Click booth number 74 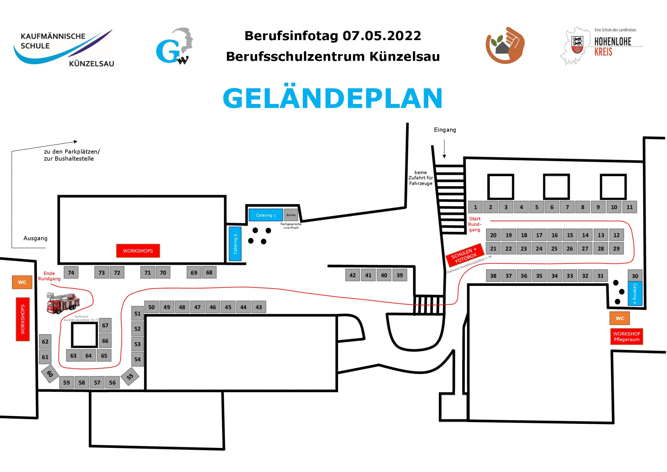click(71, 273)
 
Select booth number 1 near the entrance click(475, 207)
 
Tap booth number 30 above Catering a click(635, 276)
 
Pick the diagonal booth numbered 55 click(130, 376)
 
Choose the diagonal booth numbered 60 click(50, 374)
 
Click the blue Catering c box click(265, 215)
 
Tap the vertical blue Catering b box click(235, 244)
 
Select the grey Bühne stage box click(291, 215)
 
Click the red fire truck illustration click(62, 303)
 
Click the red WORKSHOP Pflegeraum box click(626, 336)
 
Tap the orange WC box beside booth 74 click(22, 282)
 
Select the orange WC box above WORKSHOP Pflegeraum click(619, 318)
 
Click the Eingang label click(445, 130)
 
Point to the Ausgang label click(35, 238)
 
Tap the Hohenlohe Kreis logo click(601, 46)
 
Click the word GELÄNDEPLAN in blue click(333, 98)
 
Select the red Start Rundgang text click(475, 224)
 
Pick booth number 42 click(352, 275)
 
